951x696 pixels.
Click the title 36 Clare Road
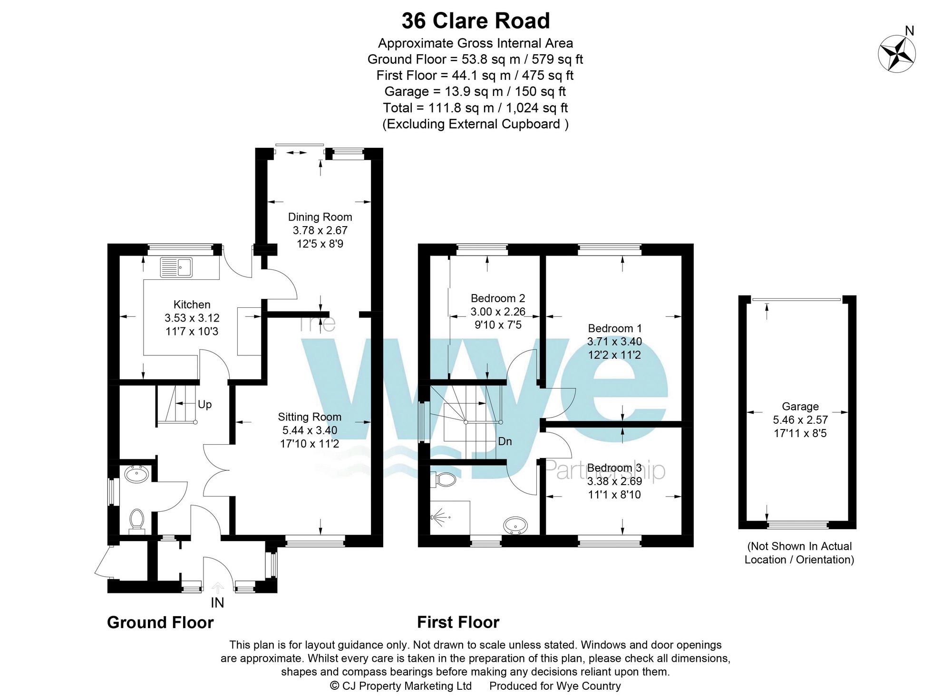475,21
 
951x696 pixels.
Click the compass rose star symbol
897,54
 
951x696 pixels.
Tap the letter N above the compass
909,31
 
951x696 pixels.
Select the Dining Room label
320,217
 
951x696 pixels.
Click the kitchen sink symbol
176,267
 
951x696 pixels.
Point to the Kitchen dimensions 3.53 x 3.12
192,318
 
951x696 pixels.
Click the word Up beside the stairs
204,404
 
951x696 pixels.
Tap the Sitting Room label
310,417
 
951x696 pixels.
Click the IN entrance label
217,602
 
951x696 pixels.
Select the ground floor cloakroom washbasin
136,474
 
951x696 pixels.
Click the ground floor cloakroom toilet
137,519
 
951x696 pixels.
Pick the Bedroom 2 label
498,298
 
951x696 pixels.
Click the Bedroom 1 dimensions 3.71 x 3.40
614,342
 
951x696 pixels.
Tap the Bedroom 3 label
614,468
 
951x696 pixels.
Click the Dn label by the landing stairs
505,441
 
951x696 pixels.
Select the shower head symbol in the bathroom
440,517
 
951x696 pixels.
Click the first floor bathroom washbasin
515,525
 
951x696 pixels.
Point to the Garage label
800,407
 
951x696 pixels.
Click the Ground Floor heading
160,622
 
